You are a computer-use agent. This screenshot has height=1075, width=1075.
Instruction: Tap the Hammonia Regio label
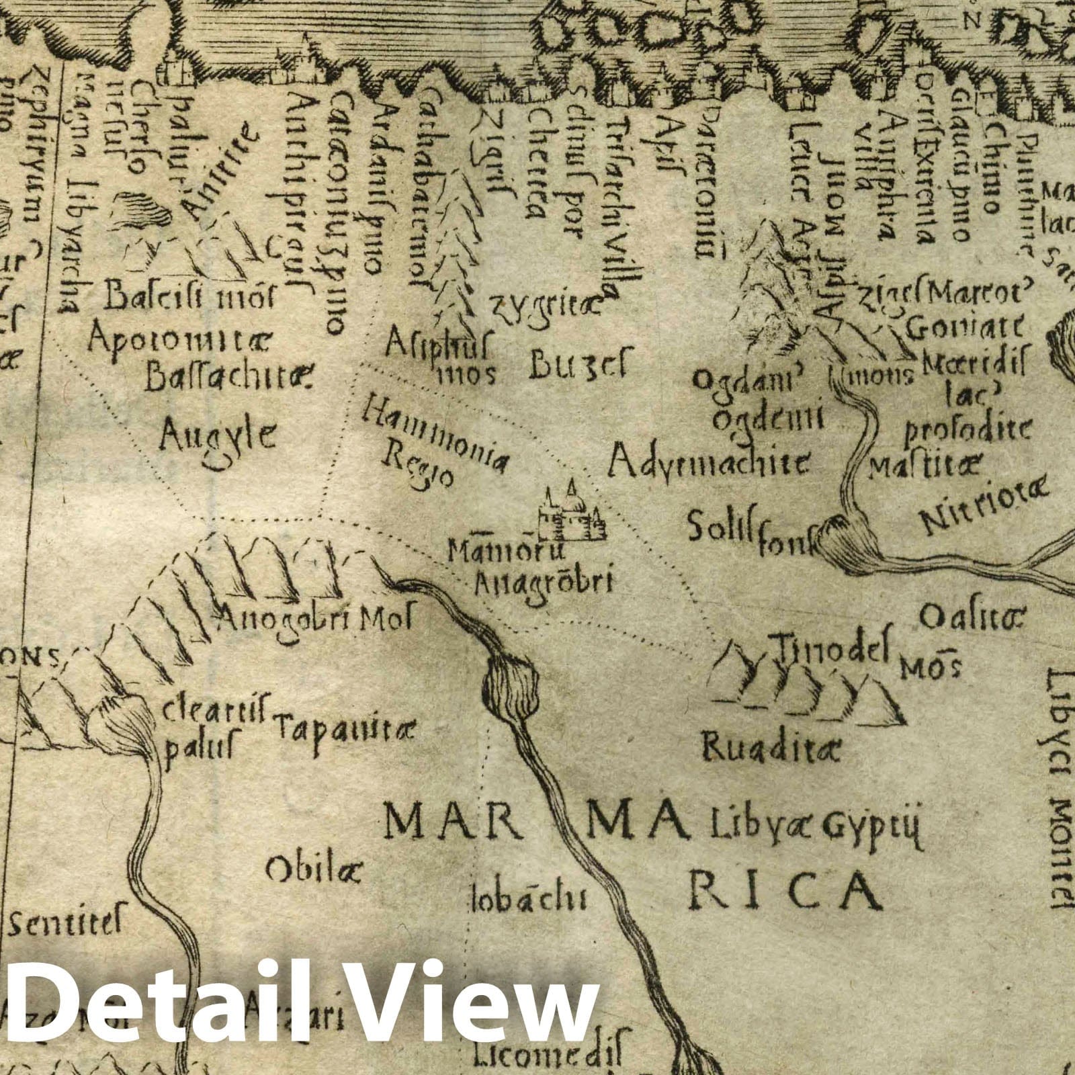pos(433,439)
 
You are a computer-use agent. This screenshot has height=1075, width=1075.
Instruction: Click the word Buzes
pos(578,366)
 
